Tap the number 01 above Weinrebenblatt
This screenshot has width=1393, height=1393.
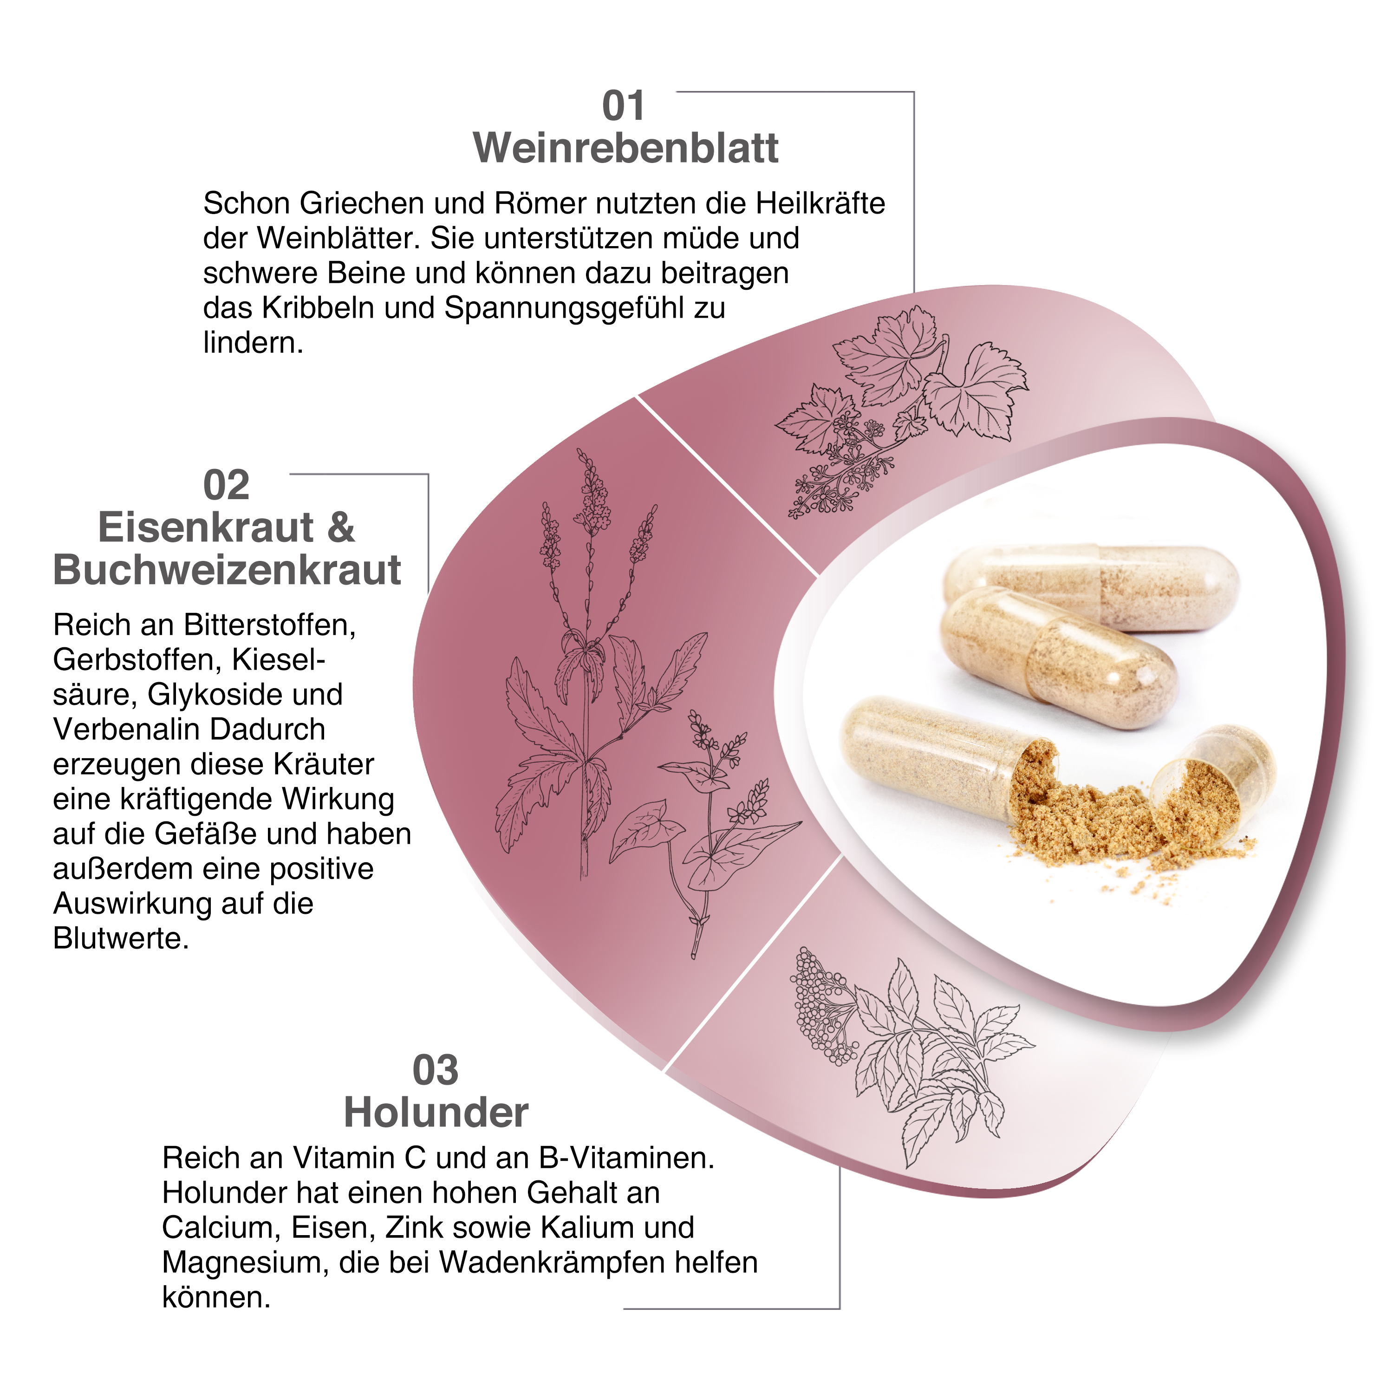coord(623,107)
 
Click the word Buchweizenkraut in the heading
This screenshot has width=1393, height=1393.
coord(227,570)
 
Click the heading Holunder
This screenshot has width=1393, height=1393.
coord(436,1113)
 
